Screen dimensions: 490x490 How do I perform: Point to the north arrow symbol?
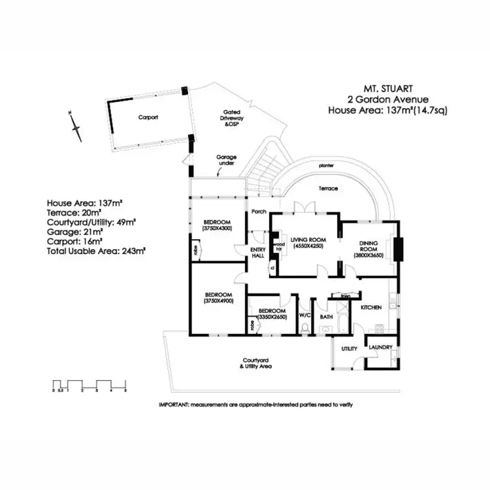click(x=76, y=127)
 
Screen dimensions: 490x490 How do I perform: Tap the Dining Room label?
click(x=369, y=249)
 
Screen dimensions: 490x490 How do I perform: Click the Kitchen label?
click(x=371, y=306)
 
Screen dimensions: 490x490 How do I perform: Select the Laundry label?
click(x=379, y=348)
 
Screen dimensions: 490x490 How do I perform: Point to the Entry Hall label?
click(x=257, y=253)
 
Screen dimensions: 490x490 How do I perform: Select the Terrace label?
click(x=328, y=189)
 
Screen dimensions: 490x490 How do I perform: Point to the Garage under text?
click(x=227, y=161)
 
